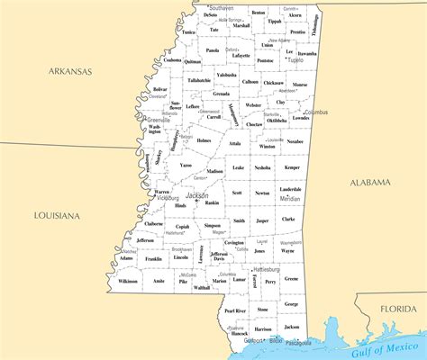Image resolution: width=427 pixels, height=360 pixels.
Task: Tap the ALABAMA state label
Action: click(370, 183)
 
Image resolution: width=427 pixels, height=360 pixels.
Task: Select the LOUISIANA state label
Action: click(57, 216)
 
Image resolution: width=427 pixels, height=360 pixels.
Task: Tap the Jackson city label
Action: click(196, 195)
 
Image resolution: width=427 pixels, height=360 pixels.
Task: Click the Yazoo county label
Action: click(186, 166)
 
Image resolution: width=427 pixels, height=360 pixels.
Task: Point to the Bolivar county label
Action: click(160, 90)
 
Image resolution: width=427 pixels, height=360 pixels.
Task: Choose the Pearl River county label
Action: click(234, 310)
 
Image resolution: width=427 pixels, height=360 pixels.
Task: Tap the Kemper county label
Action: click(291, 168)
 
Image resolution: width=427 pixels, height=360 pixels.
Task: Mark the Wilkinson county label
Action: click(128, 282)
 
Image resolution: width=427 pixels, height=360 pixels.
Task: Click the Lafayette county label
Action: click(241, 56)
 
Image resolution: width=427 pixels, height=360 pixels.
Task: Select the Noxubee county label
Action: click(295, 142)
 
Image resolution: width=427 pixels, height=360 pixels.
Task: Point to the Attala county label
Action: click(235, 143)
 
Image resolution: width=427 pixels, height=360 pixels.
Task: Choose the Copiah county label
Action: click(183, 227)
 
